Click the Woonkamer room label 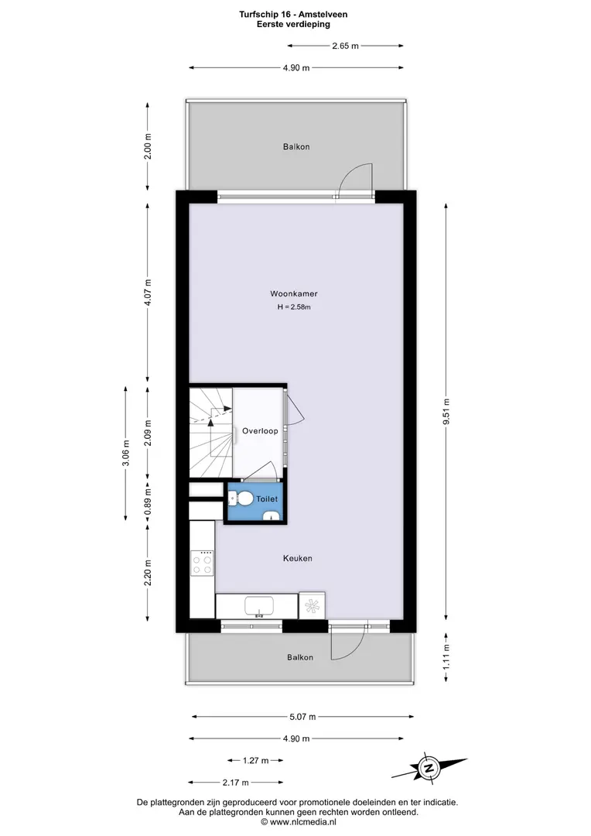point(294,294)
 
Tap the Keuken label point(297,558)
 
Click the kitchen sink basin point(259,606)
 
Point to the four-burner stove point(203,564)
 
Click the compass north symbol point(428,769)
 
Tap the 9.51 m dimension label point(446,411)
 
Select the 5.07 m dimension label point(302,717)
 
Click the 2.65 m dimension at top point(345,46)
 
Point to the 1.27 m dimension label point(256,760)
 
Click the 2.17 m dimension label point(235,783)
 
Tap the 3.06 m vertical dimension point(126,453)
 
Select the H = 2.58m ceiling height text point(294,307)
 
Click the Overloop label point(260,431)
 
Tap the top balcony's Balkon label point(296,146)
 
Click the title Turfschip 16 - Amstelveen point(293,15)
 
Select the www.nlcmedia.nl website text point(303,822)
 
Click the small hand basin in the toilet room point(272,516)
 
